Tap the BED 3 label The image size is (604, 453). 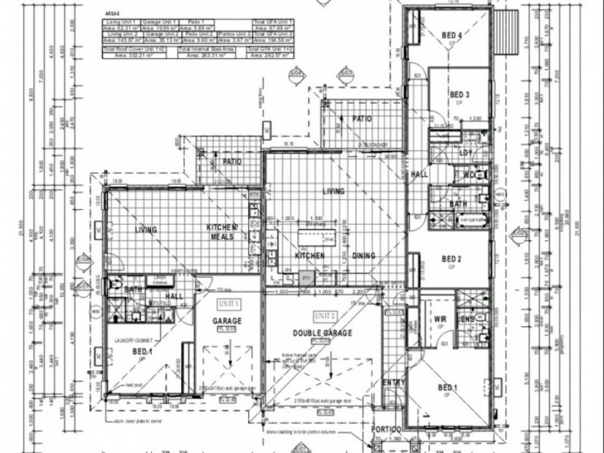coord(460,94)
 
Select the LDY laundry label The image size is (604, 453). coord(466,153)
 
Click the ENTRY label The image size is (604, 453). coord(394,384)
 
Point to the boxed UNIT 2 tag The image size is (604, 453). coord(328,314)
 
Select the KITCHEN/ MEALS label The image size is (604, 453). coord(223,232)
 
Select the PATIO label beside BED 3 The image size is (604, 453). coord(365,119)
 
